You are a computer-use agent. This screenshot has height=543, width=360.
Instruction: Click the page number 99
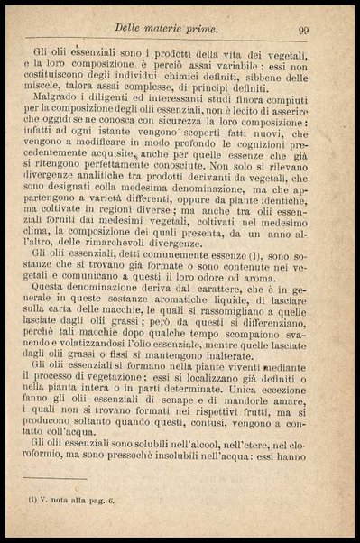[x=303, y=31]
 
